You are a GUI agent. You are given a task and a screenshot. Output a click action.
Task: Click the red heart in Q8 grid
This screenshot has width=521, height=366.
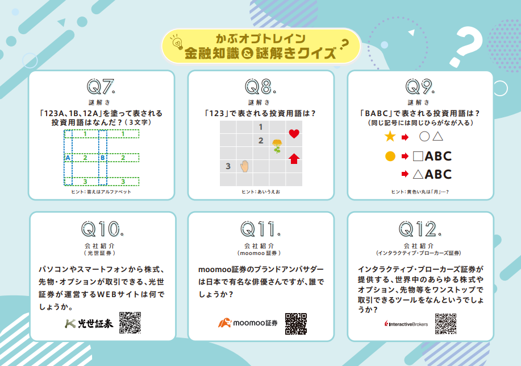pos(294,134)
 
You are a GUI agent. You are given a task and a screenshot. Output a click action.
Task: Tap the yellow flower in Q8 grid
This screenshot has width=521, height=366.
pos(277,146)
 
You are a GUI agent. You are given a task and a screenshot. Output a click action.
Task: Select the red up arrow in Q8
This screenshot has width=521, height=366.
pos(294,158)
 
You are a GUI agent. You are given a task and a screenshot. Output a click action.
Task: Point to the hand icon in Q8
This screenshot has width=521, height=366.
pos(244,166)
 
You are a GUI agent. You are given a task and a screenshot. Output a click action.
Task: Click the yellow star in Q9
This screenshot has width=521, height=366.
pos(390,136)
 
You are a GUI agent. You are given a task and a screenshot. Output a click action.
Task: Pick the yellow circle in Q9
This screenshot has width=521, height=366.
pos(390,156)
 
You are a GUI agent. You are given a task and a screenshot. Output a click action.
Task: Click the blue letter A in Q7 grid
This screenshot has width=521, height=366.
pos(68,158)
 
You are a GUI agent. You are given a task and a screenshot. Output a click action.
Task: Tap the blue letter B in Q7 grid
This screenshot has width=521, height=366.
pos(103,158)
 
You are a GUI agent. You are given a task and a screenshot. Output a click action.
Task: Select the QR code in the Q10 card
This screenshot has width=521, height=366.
pos(130,323)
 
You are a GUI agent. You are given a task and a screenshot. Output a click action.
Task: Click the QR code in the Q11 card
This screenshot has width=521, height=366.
pos(295,323)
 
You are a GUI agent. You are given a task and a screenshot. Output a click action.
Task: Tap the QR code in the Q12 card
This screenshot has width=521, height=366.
pos(445,323)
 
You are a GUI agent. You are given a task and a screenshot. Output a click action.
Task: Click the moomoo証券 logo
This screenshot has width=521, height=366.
pos(248,323)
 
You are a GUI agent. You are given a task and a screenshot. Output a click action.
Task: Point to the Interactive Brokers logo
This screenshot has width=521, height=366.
pos(406,324)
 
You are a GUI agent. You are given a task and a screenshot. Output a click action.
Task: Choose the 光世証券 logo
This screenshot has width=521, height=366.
pos(89,323)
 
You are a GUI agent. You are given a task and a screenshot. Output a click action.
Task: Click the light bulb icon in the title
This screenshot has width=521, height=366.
pos(177,43)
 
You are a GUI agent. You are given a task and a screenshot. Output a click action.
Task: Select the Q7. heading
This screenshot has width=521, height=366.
pos(101,87)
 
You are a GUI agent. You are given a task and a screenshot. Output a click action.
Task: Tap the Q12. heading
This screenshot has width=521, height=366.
pos(420,229)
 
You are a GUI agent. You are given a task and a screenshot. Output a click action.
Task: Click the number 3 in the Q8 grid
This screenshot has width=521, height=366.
pos(228,166)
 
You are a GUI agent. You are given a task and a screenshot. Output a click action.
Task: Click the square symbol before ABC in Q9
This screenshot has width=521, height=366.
pos(418,156)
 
